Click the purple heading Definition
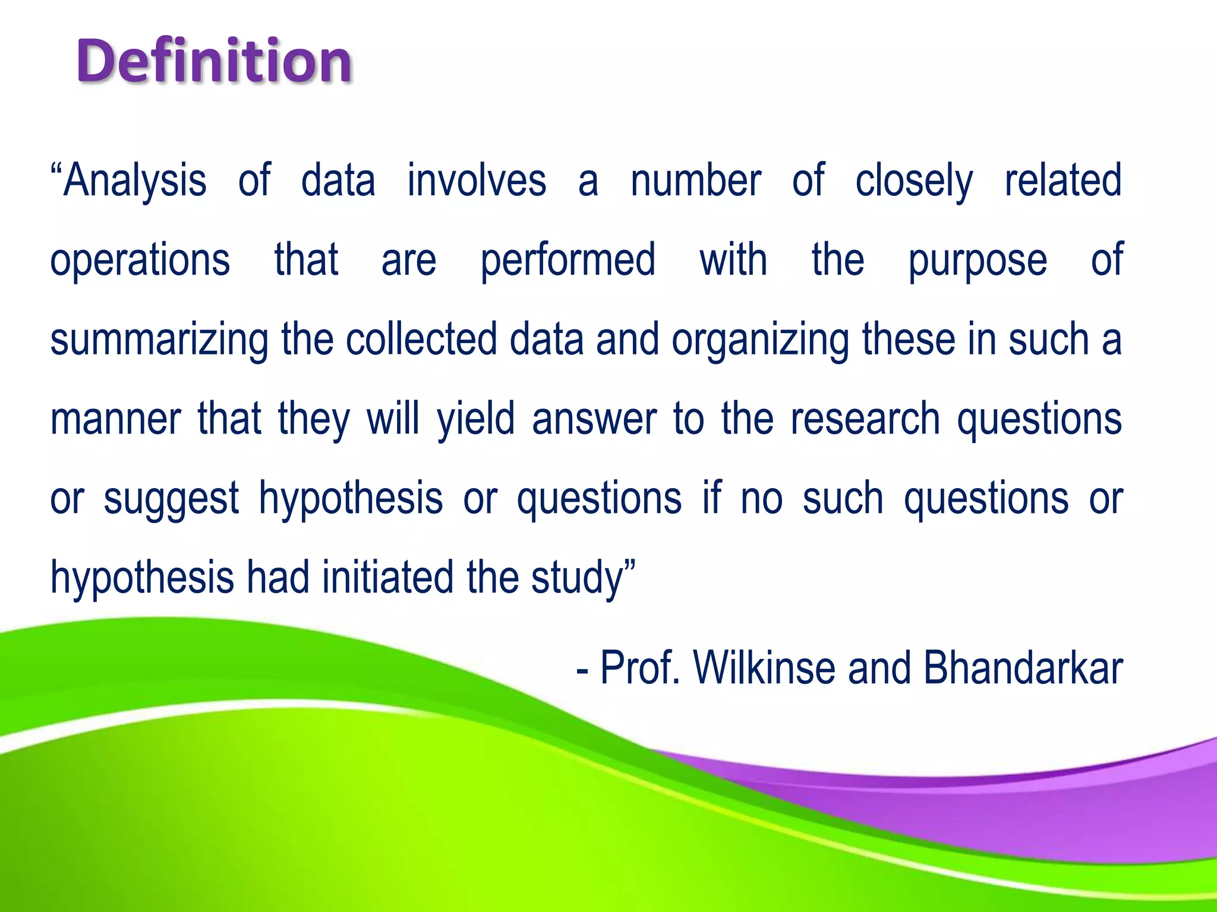[x=214, y=61]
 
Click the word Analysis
[x=135, y=180]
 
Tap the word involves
[x=477, y=180]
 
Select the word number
[x=696, y=180]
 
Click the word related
[x=1063, y=180]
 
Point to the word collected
[x=421, y=340]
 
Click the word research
[x=865, y=419]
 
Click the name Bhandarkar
[x=1023, y=668]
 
